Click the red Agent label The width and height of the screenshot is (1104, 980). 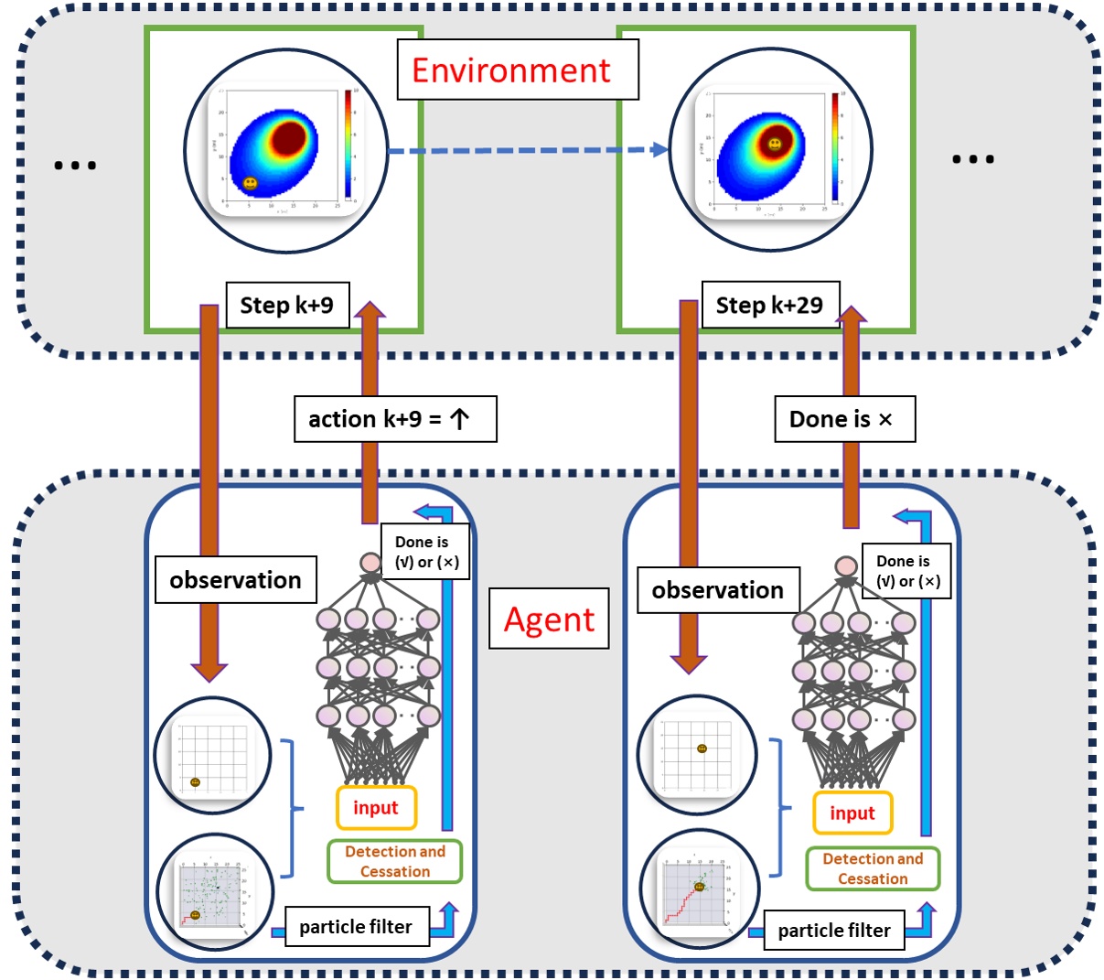549,619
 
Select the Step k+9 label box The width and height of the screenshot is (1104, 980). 286,305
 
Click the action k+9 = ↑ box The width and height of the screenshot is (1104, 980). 394,419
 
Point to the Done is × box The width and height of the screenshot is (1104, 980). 843,419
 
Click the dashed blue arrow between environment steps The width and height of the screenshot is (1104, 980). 527,150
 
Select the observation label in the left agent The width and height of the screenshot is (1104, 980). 235,579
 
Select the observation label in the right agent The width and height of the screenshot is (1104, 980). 717,589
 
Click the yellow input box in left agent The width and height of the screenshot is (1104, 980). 376,807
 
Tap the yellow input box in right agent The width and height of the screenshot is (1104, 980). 852,813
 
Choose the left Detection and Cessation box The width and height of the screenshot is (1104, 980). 394,861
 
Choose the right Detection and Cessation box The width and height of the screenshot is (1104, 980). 872,868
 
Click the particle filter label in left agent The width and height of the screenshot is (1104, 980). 355,927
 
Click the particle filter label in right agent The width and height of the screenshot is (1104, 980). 833,931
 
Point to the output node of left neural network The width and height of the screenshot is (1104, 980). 370,563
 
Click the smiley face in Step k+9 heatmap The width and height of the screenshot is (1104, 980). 251,183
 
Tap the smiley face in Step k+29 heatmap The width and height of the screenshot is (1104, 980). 775,144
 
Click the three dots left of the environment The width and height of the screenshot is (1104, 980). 75,166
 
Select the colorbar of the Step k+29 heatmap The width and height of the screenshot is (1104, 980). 835,146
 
